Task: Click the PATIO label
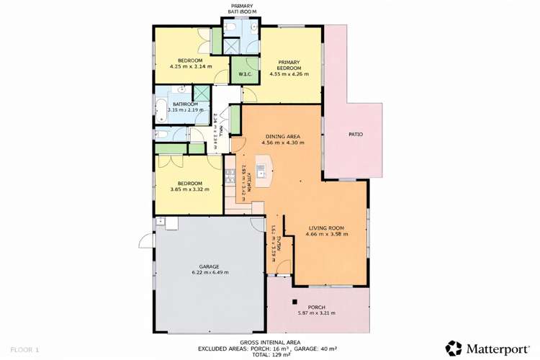pos(355,135)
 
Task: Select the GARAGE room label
pos(205,266)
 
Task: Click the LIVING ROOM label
pos(325,228)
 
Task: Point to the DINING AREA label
pos(282,136)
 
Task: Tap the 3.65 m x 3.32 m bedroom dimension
pos(190,189)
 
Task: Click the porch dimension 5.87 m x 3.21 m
pos(317,312)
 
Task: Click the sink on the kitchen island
pos(262,171)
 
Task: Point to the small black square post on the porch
pos(294,301)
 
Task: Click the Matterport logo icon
pos(453,348)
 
